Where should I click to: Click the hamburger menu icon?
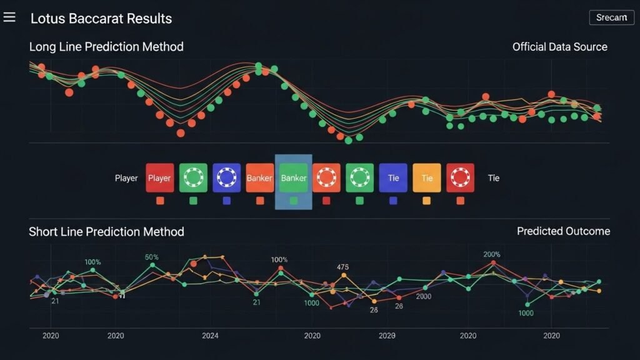(x=9, y=17)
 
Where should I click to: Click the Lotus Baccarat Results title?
(x=101, y=18)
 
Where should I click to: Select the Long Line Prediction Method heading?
(x=106, y=47)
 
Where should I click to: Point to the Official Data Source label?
(x=559, y=47)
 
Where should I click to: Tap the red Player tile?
(x=159, y=178)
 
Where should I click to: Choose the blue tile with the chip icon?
(x=226, y=178)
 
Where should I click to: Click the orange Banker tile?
(x=259, y=178)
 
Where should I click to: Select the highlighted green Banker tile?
(x=293, y=178)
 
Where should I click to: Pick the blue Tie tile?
(x=393, y=178)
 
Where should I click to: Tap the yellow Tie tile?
(x=427, y=178)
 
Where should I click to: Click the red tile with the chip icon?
(x=460, y=178)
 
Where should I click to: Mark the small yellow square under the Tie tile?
(x=427, y=201)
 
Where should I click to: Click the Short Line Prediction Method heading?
(x=106, y=232)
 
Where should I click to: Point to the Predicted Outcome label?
(x=563, y=231)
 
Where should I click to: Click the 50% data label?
(x=151, y=257)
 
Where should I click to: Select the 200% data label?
(x=492, y=254)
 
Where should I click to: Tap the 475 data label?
(x=342, y=267)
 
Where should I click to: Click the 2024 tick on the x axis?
(x=210, y=336)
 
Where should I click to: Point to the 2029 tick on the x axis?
(x=387, y=336)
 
